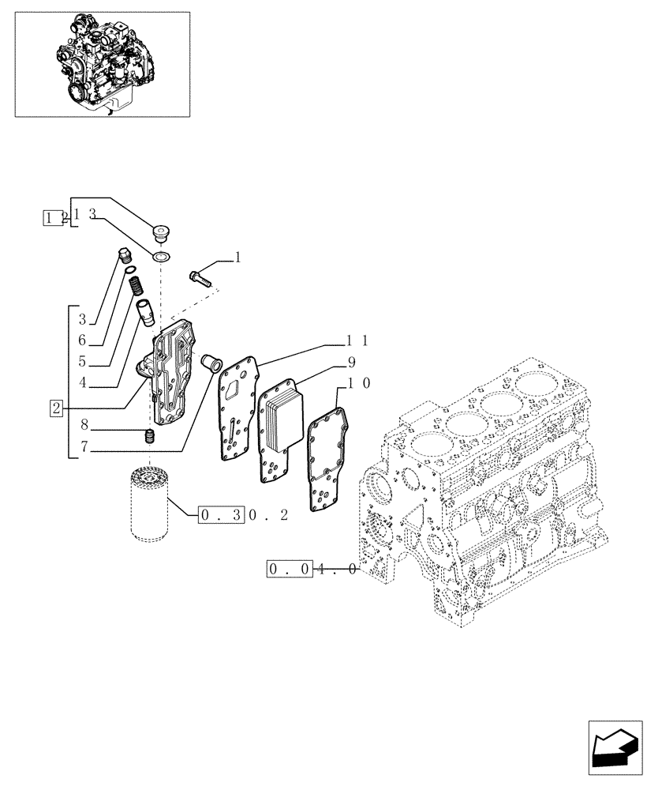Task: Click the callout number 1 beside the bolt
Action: [237, 257]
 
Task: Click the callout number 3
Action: [82, 319]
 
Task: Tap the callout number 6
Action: [82, 340]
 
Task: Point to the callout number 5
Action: [82, 363]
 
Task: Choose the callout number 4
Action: [82, 385]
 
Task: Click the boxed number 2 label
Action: [55, 408]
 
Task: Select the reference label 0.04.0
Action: [313, 568]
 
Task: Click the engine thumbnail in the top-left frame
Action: [103, 64]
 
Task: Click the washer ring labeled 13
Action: [161, 257]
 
